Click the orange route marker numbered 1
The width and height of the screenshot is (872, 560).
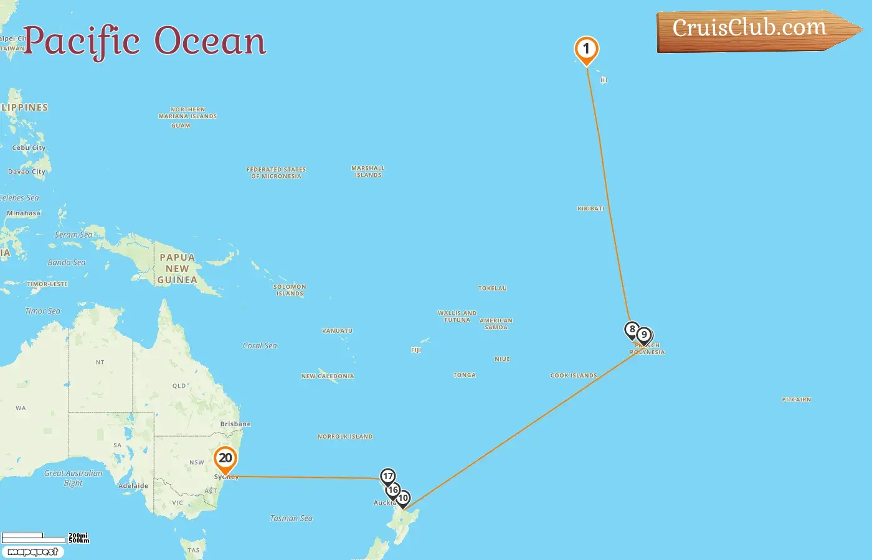pyautogui.click(x=586, y=50)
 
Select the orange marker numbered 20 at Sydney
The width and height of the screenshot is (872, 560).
pyautogui.click(x=225, y=459)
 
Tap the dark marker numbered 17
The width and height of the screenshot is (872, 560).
pyautogui.click(x=387, y=477)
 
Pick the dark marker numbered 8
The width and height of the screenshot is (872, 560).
pyautogui.click(x=632, y=329)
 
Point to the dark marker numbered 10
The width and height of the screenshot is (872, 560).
pyautogui.click(x=404, y=498)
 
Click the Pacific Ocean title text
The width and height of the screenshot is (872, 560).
pyautogui.click(x=145, y=41)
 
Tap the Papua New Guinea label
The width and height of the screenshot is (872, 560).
pyautogui.click(x=178, y=269)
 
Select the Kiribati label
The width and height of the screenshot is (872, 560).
pyautogui.click(x=590, y=209)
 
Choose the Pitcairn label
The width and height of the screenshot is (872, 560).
pyautogui.click(x=796, y=399)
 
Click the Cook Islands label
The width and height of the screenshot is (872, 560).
pyautogui.click(x=574, y=376)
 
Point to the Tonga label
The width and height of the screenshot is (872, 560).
pyautogui.click(x=464, y=375)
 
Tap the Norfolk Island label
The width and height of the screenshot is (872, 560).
pyautogui.click(x=345, y=437)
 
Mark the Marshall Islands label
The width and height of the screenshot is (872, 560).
pyautogui.click(x=368, y=172)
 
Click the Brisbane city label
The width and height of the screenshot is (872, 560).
pyautogui.click(x=235, y=424)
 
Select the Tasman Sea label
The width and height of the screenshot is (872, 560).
pyautogui.click(x=291, y=518)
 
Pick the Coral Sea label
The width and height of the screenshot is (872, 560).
pyautogui.click(x=260, y=346)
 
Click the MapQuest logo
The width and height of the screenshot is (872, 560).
pyautogui.click(x=32, y=552)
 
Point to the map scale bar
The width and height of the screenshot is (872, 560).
pyautogui.click(x=34, y=538)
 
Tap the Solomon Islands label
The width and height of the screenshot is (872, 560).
pyautogui.click(x=290, y=290)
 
